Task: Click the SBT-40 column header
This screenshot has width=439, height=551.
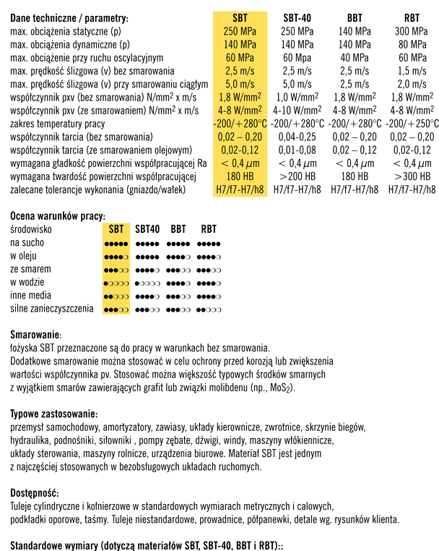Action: pos(297,17)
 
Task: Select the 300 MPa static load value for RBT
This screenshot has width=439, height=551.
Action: pos(412,31)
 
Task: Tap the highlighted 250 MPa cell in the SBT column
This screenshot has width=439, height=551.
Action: pos(240,31)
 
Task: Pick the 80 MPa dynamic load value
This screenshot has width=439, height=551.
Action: pos(412,44)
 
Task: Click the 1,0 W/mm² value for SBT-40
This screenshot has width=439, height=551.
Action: pos(297,97)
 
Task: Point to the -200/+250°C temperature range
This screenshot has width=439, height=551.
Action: pos(412,123)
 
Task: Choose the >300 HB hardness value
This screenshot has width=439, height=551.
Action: pos(412,176)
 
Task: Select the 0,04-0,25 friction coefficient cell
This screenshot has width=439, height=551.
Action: pos(297,137)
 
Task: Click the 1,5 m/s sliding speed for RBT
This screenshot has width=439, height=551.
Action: pos(412,71)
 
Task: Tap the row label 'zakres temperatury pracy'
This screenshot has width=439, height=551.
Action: pos(58,124)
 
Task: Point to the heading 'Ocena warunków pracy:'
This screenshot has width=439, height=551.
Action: pos(58,215)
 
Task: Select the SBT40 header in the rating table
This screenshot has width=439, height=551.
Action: pos(148,229)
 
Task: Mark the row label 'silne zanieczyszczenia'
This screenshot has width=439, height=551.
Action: pos(52,309)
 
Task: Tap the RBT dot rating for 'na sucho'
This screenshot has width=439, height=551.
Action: pos(209,243)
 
